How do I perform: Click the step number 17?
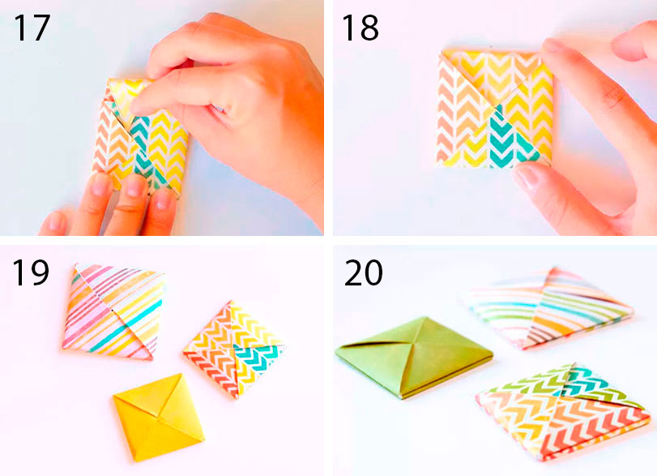32,28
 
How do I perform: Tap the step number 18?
360,28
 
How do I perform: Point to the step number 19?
30,273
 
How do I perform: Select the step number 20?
363,272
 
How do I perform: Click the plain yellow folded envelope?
159,418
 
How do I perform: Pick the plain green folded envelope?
414,357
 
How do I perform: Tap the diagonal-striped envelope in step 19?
114,311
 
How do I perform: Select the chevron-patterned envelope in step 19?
234,349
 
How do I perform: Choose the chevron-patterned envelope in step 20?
563,412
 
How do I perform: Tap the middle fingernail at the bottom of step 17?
134,185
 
